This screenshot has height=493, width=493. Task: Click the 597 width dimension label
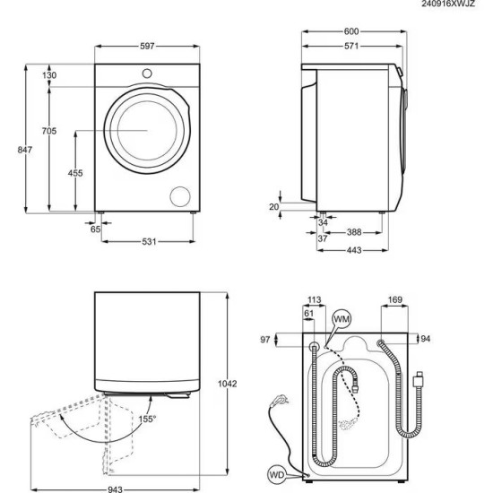point(147,46)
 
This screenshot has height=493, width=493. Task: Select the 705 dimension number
point(49,132)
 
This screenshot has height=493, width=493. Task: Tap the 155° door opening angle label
point(147,419)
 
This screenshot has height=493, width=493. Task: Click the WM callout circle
point(342,319)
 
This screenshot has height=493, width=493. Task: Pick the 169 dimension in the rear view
point(395,300)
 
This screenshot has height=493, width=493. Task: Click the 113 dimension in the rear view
point(314,300)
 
